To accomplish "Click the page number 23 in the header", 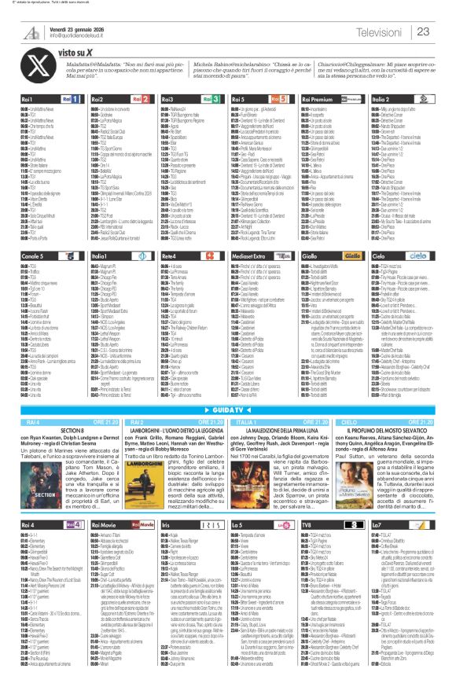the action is pyautogui.click(x=423, y=31).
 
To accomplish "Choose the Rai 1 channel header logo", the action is pyautogui.click(x=78, y=101).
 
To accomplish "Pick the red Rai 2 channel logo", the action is pyautogui.click(x=146, y=101).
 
